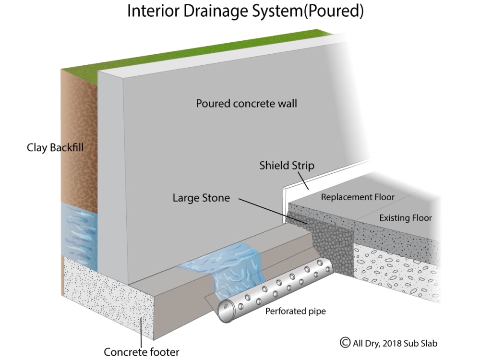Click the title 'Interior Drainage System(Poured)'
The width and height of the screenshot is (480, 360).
245,12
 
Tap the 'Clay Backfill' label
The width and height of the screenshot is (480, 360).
55,148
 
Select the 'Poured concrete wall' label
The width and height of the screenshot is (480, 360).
246,104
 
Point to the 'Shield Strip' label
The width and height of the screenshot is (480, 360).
287,166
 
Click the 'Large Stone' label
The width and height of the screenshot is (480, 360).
201,198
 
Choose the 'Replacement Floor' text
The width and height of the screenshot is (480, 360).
358,197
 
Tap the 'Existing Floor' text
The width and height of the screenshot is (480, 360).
406,218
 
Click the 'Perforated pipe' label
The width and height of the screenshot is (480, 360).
295,312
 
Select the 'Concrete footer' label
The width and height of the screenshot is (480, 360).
142,352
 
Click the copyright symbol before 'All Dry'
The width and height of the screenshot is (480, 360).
345,343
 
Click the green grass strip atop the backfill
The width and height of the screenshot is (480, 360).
196,50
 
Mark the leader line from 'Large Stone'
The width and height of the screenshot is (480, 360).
274,211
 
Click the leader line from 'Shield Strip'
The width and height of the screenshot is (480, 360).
303,181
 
